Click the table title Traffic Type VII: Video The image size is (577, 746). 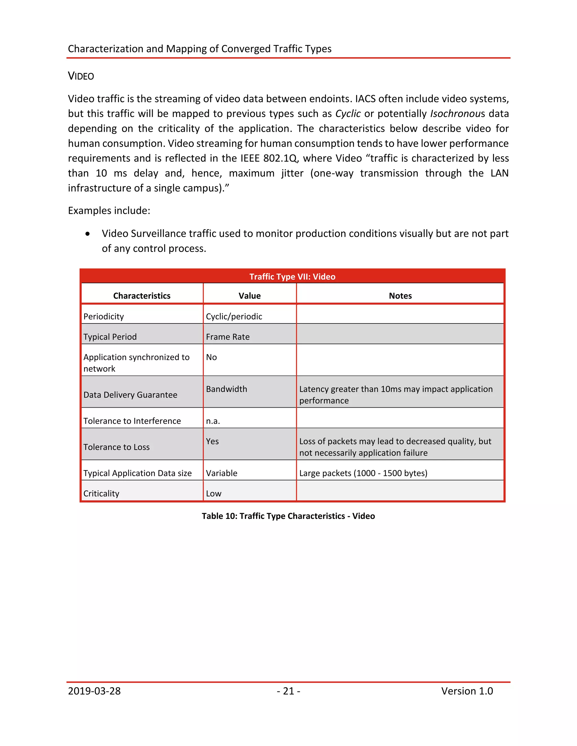[x=292, y=276]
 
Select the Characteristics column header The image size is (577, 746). [x=142, y=296]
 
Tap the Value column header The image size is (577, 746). [x=250, y=296]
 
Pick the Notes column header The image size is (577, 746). [x=400, y=296]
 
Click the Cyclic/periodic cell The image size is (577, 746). [x=234, y=316]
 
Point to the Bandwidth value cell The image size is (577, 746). [x=226, y=389]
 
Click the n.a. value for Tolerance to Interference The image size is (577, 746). [x=213, y=421]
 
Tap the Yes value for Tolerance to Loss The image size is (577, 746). [x=212, y=441]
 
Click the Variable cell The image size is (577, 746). [x=221, y=473]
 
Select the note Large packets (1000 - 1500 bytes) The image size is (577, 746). [x=363, y=473]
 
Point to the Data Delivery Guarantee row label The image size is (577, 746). [x=130, y=395]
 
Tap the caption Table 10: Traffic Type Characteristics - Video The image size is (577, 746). [x=288, y=516]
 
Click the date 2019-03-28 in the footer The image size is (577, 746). [x=94, y=691]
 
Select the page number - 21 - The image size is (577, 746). [x=288, y=691]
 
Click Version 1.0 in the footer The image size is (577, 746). [x=467, y=691]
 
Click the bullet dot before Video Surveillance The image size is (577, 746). [x=88, y=234]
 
